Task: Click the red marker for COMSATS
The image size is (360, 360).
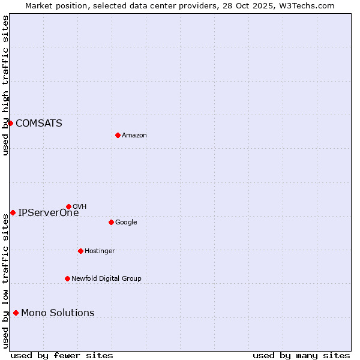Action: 10,123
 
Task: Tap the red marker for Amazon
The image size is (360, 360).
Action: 118,135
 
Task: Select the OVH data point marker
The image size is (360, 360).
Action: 68,206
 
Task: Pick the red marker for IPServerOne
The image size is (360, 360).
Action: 13,212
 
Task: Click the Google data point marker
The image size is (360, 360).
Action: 111,222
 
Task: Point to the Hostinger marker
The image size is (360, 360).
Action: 80,251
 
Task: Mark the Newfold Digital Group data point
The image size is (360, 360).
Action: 67,278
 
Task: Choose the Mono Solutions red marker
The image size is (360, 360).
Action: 16,313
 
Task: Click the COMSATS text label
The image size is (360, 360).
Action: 38,124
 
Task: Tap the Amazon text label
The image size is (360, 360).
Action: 134,136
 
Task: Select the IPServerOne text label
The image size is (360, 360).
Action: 48,212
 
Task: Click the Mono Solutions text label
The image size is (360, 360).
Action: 58,313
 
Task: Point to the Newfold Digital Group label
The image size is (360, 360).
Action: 106,278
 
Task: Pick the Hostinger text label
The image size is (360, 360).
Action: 100,251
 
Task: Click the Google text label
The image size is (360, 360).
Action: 126,222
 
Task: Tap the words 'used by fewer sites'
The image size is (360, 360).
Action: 62,355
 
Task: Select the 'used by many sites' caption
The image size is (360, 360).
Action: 301,355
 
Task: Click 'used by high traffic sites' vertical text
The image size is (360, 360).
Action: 5,85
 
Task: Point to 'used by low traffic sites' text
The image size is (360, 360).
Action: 5,281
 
